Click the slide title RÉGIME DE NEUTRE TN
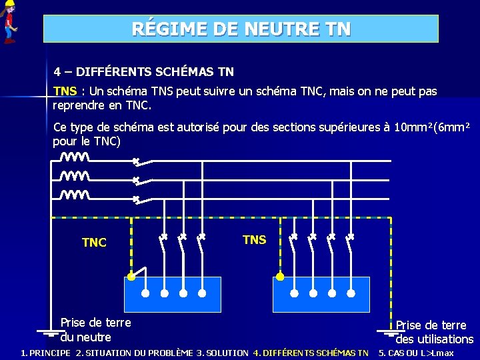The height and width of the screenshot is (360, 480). click(x=241, y=29)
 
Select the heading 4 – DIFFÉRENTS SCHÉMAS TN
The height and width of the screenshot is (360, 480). click(x=144, y=71)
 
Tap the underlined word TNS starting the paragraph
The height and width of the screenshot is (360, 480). click(x=65, y=91)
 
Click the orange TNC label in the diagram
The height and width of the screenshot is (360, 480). click(x=94, y=243)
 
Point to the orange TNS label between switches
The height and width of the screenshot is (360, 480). click(x=254, y=240)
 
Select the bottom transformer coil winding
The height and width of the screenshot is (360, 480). click(x=74, y=195)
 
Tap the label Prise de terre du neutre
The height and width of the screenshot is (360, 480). click(x=95, y=330)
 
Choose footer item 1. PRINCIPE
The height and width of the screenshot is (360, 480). click(x=45, y=353)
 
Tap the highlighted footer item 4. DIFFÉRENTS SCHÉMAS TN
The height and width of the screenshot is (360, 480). click(x=311, y=353)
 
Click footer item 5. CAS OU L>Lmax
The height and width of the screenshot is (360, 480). click(x=416, y=353)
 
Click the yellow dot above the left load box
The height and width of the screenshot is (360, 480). click(x=132, y=275)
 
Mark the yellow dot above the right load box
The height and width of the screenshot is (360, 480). click(x=280, y=275)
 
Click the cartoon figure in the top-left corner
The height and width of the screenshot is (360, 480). click(x=9, y=22)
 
